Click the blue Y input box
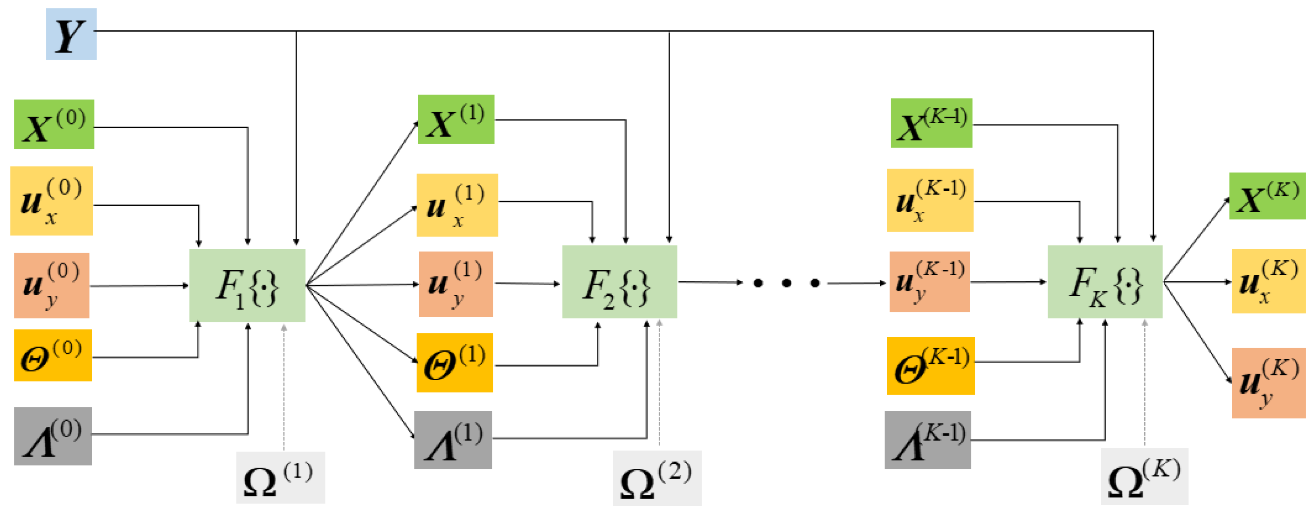coord(71,34)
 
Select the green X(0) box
coord(54,124)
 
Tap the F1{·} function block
coord(247,285)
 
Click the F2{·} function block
coord(619,282)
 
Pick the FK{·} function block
coord(1105,282)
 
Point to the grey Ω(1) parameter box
coord(280,477)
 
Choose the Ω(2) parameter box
coord(657,478)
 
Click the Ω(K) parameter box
coord(1144,476)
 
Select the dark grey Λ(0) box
coord(53,436)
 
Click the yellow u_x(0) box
coord(52,201)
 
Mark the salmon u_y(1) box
coord(456,284)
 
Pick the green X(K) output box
coord(1267,196)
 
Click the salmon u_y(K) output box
coord(1268,383)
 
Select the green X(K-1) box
coord(931,123)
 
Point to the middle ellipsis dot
coord(787,283)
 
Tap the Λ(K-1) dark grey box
coord(927,439)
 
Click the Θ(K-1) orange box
coord(931,366)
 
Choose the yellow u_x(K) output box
coord(1268,281)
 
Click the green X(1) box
coord(456,119)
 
